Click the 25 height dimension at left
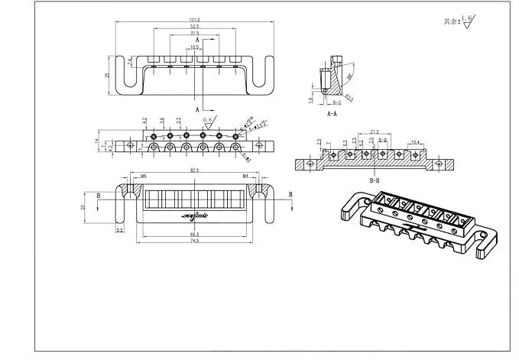(108, 75)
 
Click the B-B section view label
(375, 181)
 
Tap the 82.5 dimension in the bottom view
(196, 171)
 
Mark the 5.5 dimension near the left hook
(120, 229)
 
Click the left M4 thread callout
(142, 177)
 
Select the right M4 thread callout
(246, 177)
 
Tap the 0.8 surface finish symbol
(208, 121)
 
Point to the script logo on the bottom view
(196, 217)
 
